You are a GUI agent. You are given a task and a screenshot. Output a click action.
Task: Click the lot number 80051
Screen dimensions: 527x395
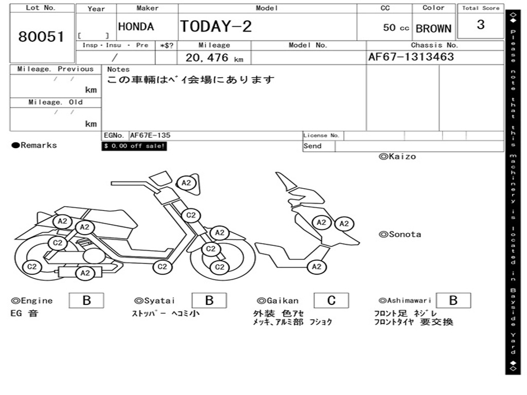41,37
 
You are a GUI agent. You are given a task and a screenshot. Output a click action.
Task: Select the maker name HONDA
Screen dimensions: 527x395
136,27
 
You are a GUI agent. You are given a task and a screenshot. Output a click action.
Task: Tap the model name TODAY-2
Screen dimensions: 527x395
216,26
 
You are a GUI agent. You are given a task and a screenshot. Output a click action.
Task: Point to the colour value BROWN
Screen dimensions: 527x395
433,29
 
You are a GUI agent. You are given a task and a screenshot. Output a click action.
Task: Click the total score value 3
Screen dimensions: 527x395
480,25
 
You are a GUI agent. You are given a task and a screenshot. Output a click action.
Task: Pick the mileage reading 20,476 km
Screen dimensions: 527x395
214,58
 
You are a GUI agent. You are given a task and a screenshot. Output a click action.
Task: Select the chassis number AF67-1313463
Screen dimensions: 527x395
411,57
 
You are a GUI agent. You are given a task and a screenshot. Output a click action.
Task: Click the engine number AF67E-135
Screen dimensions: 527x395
150,135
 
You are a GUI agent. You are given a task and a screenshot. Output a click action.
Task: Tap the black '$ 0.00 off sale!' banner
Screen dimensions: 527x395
134,146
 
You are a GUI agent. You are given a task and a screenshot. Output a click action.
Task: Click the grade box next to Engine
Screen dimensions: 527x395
86,300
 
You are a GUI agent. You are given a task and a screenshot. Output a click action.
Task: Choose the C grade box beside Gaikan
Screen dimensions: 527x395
331,300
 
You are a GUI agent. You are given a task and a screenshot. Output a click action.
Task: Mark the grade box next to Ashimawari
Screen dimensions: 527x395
453,300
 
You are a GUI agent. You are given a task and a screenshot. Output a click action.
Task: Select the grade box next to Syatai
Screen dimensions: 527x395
209,300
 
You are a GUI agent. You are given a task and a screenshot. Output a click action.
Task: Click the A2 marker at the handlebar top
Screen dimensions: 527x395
186,183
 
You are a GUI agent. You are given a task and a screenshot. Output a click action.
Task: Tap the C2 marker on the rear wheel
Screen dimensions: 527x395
32,266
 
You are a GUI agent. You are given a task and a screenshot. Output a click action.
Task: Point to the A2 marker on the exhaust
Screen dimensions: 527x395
85,273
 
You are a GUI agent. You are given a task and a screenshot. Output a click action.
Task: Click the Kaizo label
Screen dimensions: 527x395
397,156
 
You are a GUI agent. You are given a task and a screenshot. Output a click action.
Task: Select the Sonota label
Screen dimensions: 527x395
400,235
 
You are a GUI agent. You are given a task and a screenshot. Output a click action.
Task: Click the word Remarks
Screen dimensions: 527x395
39,146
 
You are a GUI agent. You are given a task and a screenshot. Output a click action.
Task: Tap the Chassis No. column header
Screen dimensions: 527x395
434,45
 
